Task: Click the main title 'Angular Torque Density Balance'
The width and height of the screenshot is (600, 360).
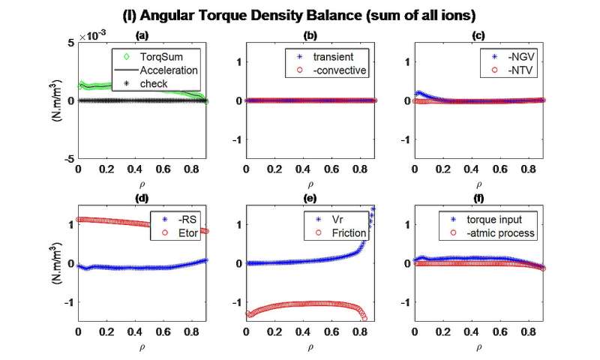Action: coord(300,13)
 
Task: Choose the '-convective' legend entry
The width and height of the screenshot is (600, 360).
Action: coord(323,70)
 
